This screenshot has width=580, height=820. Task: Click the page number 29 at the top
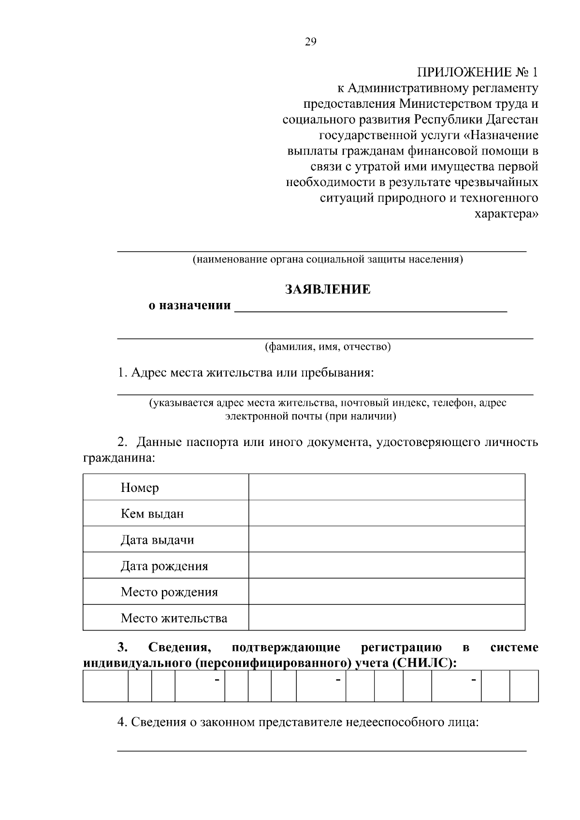click(x=310, y=42)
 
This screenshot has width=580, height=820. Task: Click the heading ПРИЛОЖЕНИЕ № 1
click(x=477, y=72)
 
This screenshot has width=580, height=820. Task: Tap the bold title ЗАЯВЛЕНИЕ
click(x=327, y=289)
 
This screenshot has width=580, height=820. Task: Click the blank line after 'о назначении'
click(x=370, y=307)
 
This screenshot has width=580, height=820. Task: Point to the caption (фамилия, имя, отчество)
click(x=327, y=347)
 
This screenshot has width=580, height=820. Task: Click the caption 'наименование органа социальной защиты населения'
click(x=327, y=259)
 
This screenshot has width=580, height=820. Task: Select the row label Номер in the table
click(x=140, y=488)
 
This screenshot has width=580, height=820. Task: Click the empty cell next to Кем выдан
click(x=386, y=513)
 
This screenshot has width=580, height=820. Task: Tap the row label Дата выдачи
click(x=157, y=540)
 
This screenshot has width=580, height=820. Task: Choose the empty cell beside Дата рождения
click(x=386, y=565)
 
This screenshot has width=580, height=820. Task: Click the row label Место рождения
click(x=169, y=592)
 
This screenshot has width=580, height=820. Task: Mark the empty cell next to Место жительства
click(x=386, y=618)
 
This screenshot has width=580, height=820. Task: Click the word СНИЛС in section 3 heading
click(x=424, y=663)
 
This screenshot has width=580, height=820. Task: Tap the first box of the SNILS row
click(x=105, y=686)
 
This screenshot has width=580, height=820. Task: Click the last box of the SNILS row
click(x=524, y=686)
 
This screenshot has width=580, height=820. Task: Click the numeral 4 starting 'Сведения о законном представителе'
click(x=121, y=722)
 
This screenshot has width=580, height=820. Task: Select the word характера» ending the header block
click(x=506, y=214)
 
